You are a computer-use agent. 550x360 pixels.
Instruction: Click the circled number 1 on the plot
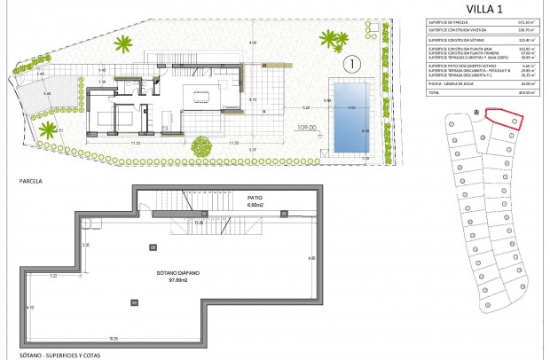[x=353, y=64]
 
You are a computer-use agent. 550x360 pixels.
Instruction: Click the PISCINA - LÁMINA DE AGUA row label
[x=451, y=84]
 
